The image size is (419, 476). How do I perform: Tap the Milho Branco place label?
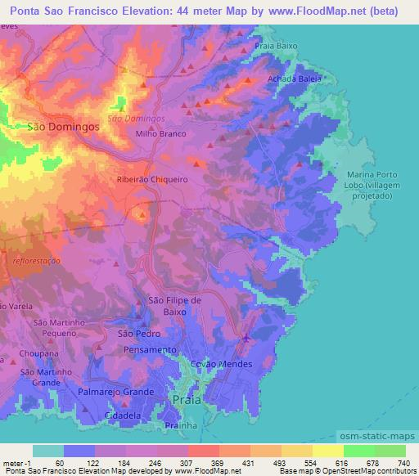161,133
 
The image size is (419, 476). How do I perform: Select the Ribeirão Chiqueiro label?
153,179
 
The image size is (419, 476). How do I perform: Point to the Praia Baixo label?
276,47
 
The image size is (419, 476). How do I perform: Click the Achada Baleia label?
294,79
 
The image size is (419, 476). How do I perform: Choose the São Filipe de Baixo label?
173,306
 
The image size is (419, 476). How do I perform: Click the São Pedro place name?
137,334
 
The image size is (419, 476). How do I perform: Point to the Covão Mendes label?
221,364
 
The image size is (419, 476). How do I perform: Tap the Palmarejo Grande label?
116,393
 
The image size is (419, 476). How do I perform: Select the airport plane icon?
246,338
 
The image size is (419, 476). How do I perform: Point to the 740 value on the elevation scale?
403,463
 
